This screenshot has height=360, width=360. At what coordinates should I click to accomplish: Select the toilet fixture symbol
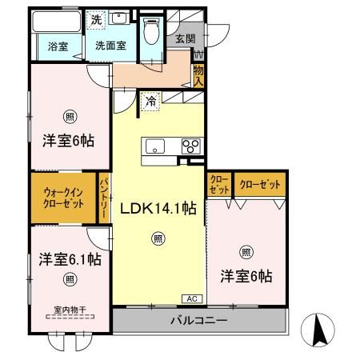pyautogui.click(x=152, y=33)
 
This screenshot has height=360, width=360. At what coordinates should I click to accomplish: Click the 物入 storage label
pyautogui.click(x=198, y=76)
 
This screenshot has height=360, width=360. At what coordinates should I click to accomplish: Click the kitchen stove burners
pyautogui.click(x=192, y=146)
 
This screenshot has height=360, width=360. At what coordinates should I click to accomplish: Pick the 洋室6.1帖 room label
pyautogui.click(x=70, y=260)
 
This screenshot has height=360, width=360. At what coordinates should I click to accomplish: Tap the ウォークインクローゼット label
pyautogui.click(x=64, y=198)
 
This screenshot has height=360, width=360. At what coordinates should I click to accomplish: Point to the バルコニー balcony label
pyautogui.click(x=198, y=322)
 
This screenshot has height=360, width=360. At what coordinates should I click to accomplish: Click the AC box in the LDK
pyautogui.click(x=191, y=298)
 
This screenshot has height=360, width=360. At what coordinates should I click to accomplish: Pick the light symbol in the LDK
pyautogui.click(x=158, y=238)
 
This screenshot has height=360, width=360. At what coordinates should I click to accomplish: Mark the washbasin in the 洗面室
pyautogui.click(x=121, y=19)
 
